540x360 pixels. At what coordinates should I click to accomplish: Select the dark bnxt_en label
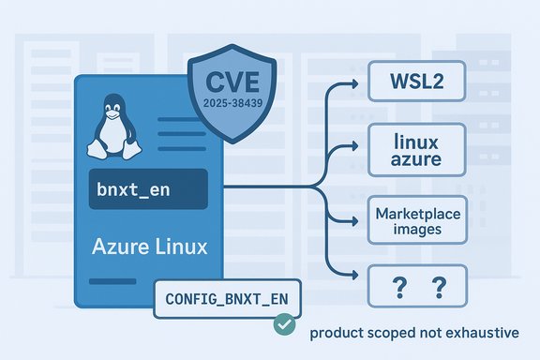(147, 189)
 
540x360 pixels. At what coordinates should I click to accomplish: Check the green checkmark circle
(280, 324)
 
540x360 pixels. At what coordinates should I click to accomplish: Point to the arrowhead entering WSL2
(355, 82)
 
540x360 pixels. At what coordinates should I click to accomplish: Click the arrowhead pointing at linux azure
(355, 146)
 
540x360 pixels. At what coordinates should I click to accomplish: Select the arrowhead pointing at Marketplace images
(355, 221)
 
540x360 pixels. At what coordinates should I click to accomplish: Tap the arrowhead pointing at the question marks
(355, 274)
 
